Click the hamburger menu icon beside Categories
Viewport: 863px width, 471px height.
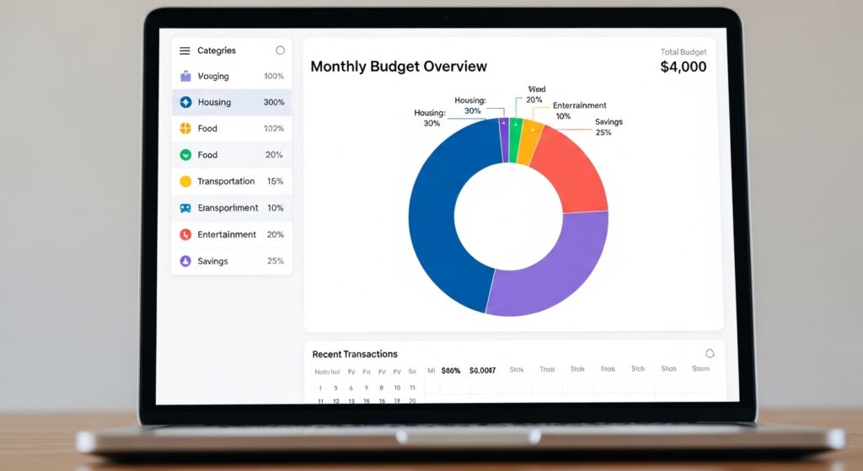point(185,51)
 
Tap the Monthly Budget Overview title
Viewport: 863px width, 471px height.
point(399,67)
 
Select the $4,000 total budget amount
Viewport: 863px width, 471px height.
point(683,67)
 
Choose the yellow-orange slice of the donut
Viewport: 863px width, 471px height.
point(529,141)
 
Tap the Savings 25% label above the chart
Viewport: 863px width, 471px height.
point(608,127)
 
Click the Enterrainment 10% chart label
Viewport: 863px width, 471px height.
point(578,110)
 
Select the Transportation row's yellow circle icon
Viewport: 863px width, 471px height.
point(185,181)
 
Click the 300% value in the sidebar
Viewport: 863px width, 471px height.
point(274,103)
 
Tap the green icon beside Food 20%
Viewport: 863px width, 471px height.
point(185,155)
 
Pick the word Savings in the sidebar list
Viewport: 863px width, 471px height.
point(212,261)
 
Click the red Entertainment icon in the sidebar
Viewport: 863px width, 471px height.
point(185,235)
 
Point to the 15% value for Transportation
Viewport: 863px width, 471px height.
point(275,181)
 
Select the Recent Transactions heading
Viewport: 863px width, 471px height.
point(355,355)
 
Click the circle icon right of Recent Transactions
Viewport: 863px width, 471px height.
point(710,354)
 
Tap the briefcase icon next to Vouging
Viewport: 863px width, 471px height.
point(185,77)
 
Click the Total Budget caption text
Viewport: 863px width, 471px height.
point(683,52)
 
